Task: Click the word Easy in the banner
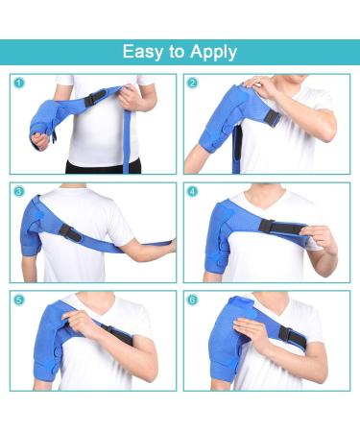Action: coord(142,52)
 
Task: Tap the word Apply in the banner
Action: coord(213,53)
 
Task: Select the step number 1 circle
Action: coord(19,84)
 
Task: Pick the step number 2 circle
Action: coord(192,84)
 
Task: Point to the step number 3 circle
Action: coord(19,192)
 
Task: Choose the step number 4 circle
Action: coord(192,192)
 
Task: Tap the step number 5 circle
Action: coord(19,300)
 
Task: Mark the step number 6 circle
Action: coord(192,300)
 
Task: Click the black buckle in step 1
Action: coord(95,98)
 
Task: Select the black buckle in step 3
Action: coord(69,232)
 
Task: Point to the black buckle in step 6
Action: coord(291,335)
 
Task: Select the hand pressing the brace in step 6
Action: coord(252,333)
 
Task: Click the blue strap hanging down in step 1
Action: coord(127,141)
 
